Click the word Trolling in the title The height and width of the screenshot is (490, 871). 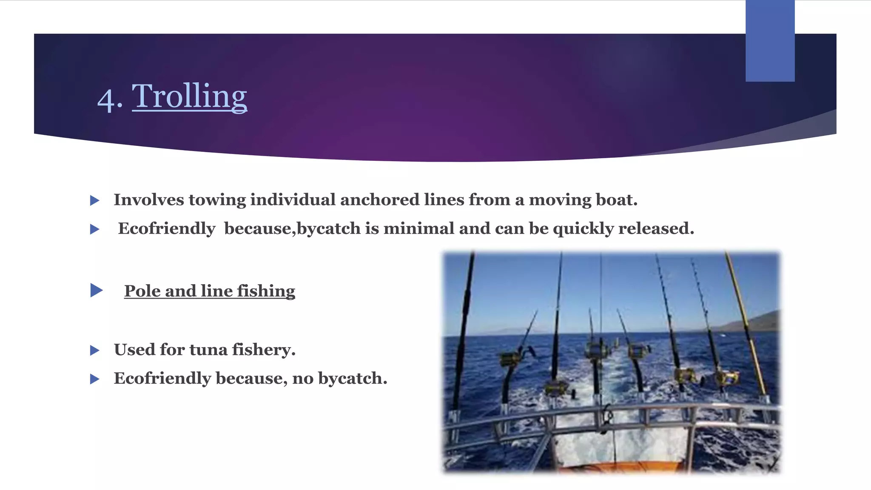point(189,97)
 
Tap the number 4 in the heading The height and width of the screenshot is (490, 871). point(105,100)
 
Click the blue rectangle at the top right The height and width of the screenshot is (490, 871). point(770,41)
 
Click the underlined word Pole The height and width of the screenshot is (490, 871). point(142,291)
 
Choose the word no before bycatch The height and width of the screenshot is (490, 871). point(302,378)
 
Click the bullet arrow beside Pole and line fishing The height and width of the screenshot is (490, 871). point(97,291)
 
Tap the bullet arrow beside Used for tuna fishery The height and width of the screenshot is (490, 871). point(95,350)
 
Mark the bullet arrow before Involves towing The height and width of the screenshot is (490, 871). point(95,200)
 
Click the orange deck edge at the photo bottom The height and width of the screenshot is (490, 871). point(617,467)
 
